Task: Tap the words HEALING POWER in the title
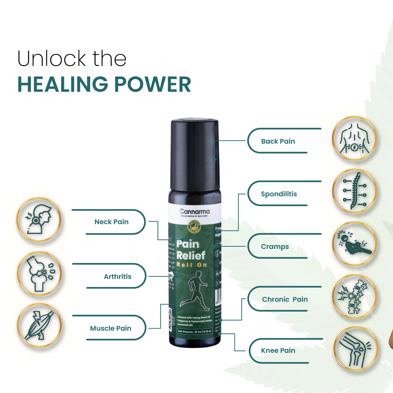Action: [x=104, y=84]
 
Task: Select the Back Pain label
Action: [x=278, y=141]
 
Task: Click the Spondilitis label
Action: [x=279, y=194]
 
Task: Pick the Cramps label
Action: [x=275, y=247]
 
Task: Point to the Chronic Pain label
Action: [x=285, y=299]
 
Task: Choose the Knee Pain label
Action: [x=278, y=351]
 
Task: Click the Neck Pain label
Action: [x=111, y=222]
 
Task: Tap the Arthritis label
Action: [x=117, y=277]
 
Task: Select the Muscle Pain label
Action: [x=111, y=328]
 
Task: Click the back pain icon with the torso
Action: [x=354, y=139]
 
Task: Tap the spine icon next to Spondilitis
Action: [x=354, y=191]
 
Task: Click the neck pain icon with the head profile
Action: [x=39, y=220]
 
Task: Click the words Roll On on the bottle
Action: [x=192, y=265]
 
